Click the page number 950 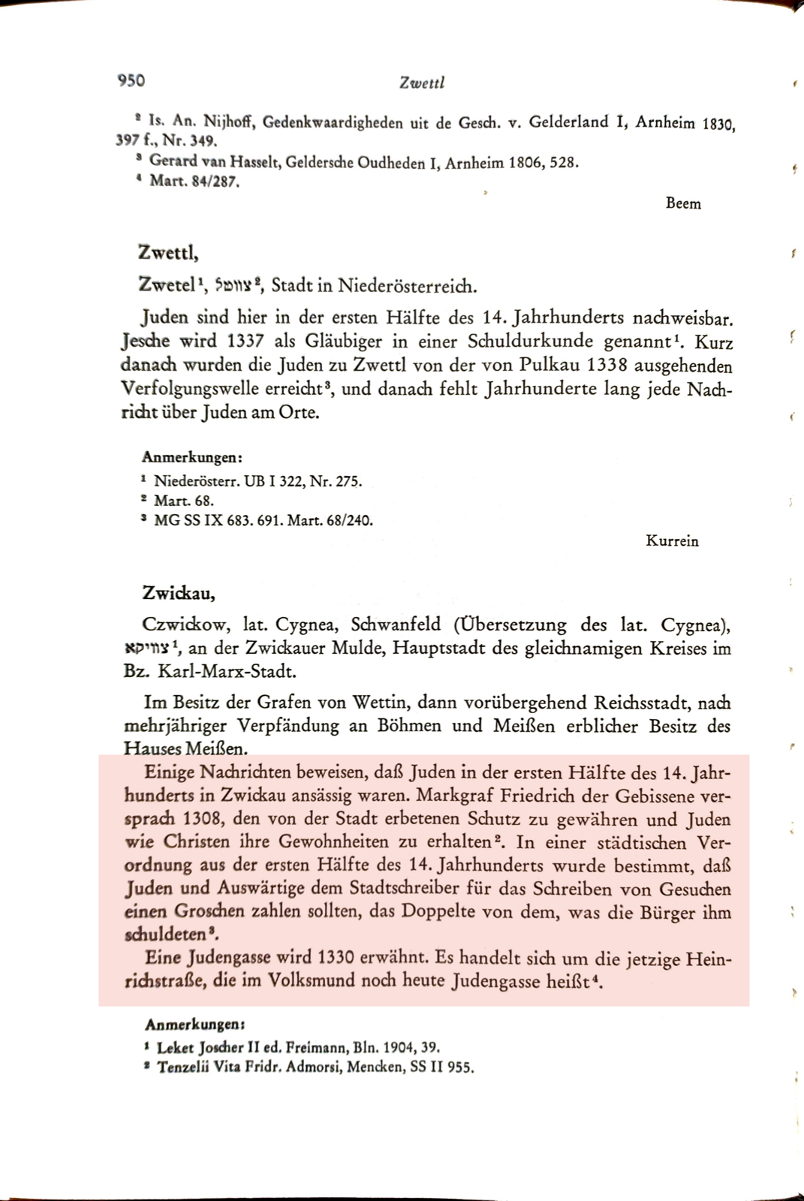(x=131, y=80)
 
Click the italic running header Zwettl (x=423, y=83)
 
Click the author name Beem (x=683, y=203)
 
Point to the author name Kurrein (x=672, y=540)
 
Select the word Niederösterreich (x=407, y=286)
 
